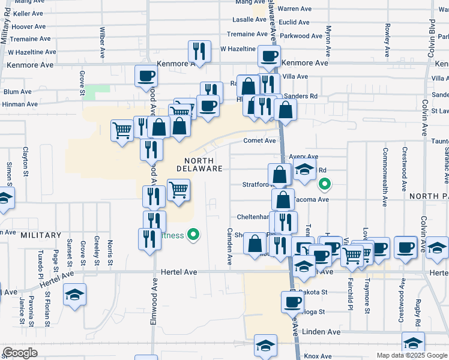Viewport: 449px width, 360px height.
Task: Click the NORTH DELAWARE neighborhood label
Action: pyautogui.click(x=199, y=164)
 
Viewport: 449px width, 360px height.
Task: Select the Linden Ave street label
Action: pyautogui.click(x=321, y=332)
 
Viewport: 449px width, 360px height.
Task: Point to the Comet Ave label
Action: pyautogui.click(x=259, y=141)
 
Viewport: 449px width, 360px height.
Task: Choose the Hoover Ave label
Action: pyautogui.click(x=29, y=26)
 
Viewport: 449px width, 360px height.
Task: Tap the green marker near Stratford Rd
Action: pyautogui.click(x=325, y=184)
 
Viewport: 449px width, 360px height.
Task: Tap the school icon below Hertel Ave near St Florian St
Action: pyautogui.click(x=75, y=295)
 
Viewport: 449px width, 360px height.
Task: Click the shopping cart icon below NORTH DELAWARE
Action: pyautogui.click(x=178, y=191)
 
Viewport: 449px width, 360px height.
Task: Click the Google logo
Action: pyautogui.click(x=20, y=353)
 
